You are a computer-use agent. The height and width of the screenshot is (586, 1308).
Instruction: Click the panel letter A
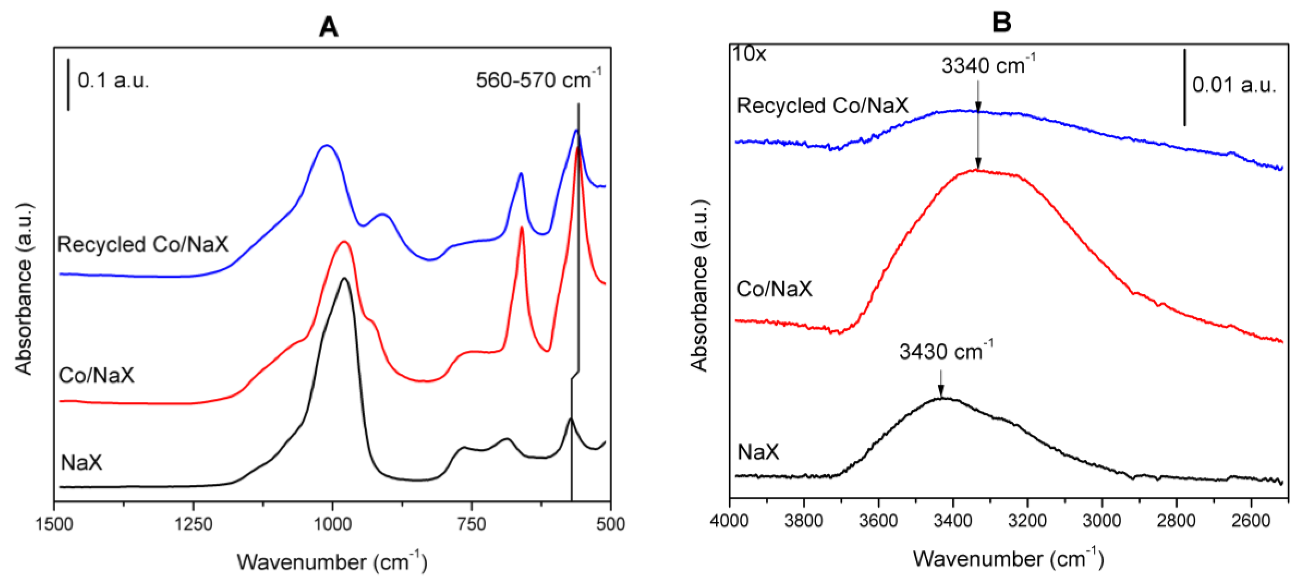point(328,26)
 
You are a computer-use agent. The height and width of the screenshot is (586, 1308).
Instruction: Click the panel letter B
point(1001,22)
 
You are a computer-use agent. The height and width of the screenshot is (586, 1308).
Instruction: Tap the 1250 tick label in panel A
point(193,524)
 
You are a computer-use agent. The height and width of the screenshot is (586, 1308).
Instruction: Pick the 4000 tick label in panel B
point(729,521)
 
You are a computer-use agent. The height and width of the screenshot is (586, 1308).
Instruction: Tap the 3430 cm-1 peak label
point(945,351)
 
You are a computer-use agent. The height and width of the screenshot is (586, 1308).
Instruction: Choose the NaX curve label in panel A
point(81,462)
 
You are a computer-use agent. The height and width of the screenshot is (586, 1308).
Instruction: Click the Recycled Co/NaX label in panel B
point(822,106)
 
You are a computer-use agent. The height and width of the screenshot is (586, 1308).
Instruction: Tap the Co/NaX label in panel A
point(97,375)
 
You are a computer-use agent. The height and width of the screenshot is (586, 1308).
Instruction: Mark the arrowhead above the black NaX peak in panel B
point(941,391)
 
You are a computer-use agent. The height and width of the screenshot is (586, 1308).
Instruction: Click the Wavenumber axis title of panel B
point(1008,559)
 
